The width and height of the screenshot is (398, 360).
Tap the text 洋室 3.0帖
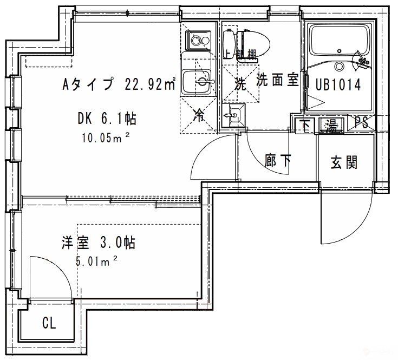(x=97, y=242)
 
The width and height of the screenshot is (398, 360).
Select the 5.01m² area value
(x=97, y=262)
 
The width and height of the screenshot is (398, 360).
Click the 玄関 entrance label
(x=344, y=161)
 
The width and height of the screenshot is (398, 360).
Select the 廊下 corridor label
(x=278, y=161)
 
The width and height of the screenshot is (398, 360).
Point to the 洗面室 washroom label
(x=278, y=81)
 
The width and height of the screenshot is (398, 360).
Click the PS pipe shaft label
(x=362, y=123)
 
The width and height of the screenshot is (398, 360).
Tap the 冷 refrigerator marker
(x=199, y=115)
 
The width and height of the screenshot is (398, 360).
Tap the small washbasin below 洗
(x=233, y=116)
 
